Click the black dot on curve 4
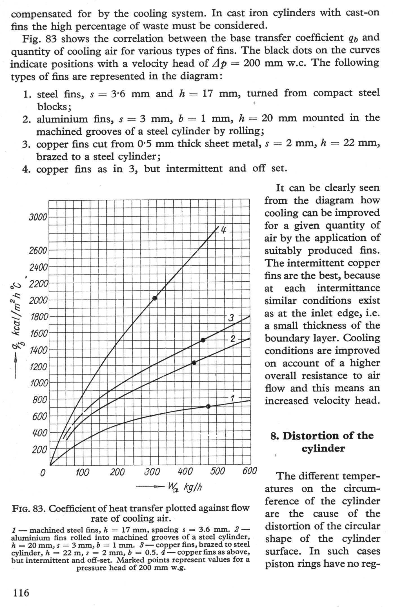tap(155, 298)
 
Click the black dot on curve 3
tap(203, 340)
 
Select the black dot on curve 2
tap(194, 363)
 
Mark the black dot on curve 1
tap(208, 406)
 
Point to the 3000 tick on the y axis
tap(38, 217)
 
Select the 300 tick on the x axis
tap(152, 472)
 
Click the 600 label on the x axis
tap(250, 471)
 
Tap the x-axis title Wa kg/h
tap(185, 486)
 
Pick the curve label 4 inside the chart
tap(223, 230)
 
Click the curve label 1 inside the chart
tap(233, 398)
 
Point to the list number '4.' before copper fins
tap(26, 170)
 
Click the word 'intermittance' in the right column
tap(348, 288)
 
